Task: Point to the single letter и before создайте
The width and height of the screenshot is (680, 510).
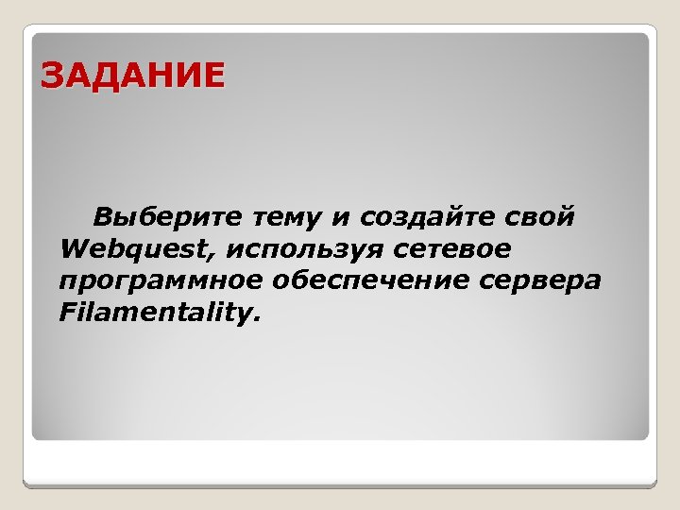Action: tap(339, 219)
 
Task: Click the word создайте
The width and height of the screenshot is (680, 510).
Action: tap(420, 218)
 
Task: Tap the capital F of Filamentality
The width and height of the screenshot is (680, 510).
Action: tap(66, 311)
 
